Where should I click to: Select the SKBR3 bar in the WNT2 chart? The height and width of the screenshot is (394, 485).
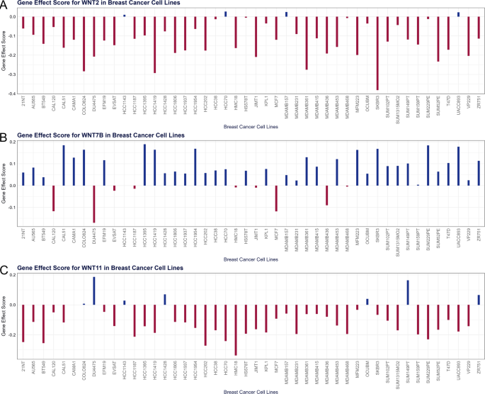click(x=377, y=53)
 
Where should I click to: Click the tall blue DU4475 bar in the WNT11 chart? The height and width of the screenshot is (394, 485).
click(x=94, y=291)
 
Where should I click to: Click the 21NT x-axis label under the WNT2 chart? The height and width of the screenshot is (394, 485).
click(x=23, y=106)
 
